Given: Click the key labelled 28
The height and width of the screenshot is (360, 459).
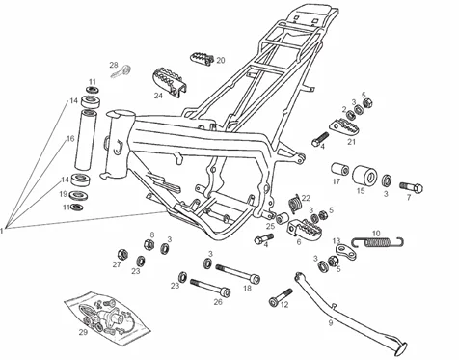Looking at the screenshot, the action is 121,71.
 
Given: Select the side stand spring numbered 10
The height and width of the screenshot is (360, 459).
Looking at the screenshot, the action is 378,241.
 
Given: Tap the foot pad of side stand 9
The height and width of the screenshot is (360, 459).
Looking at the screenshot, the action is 401,347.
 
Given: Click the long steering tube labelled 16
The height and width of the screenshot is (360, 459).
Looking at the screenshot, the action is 86,140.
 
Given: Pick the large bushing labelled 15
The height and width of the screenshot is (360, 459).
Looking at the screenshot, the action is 364,176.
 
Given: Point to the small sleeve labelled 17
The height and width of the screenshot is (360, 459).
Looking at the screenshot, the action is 340,169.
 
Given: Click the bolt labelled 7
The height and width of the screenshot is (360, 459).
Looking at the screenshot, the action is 412,187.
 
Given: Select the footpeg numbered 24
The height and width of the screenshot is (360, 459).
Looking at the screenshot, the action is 171,81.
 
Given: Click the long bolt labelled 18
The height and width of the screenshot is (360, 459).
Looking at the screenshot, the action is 238,274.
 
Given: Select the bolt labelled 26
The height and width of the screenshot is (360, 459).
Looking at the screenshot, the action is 210,288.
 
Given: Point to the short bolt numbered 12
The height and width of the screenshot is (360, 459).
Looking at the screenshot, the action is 281,297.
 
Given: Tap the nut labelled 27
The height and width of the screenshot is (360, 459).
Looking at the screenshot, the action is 122,255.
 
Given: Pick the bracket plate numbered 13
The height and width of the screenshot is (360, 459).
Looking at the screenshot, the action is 346,252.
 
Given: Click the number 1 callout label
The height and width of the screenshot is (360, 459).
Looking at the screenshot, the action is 2,231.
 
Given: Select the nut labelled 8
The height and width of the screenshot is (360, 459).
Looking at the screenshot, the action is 148,244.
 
